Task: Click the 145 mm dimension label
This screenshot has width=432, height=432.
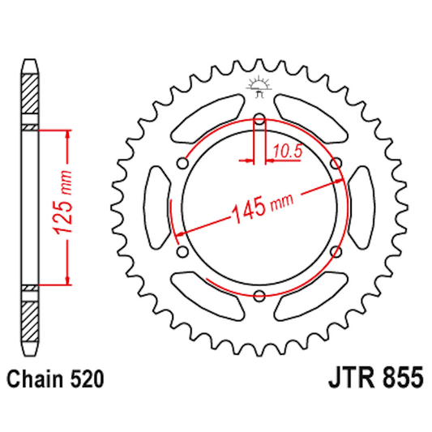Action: pos(262,206)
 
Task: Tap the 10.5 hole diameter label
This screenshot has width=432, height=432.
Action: pos(288,149)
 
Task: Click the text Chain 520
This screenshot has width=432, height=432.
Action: pos(54,379)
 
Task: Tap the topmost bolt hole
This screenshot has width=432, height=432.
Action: pos(259,122)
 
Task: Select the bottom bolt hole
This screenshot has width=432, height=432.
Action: pos(259,294)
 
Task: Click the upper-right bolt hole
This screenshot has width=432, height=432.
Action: pos(335,165)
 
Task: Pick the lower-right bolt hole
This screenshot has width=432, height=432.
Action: pos(335,252)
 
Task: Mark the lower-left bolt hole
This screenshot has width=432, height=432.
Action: pos(184,252)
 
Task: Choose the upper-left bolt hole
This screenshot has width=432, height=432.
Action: pos(184,165)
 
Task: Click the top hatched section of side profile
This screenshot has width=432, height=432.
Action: pos(30,97)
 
